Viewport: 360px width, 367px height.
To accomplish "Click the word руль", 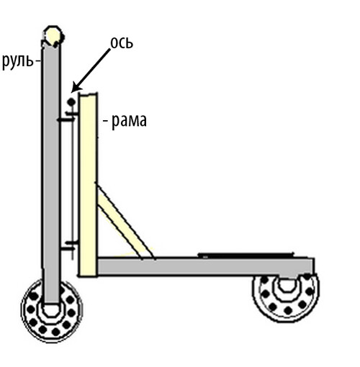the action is (x=17, y=62).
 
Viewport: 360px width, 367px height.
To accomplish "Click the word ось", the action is (x=122, y=43).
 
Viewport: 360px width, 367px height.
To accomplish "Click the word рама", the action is (x=129, y=122).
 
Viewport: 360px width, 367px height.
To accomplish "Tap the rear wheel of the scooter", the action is (x=286, y=297).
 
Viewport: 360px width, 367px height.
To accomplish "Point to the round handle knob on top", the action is (x=53, y=36).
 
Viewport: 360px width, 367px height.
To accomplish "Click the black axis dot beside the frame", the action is (x=71, y=102).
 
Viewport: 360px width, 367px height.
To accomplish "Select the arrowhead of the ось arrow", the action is (x=76, y=88).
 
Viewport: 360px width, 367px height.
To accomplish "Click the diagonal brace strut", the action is (x=125, y=222).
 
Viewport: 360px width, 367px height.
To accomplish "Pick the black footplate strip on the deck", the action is (x=246, y=255).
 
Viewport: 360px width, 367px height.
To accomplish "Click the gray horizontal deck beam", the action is (x=205, y=266).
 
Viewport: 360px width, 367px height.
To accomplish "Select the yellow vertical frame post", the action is (x=88, y=185).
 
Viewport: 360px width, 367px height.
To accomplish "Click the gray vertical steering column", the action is (x=51, y=173).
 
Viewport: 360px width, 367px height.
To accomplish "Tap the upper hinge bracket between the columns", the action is (x=68, y=116).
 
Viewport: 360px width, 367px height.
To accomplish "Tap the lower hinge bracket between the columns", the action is (x=69, y=247).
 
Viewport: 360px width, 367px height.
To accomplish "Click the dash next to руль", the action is (x=38, y=61).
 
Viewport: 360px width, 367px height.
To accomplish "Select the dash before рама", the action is (x=106, y=122).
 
